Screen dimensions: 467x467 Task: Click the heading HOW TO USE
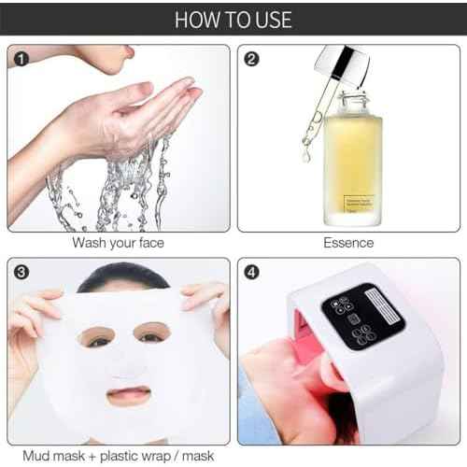233,19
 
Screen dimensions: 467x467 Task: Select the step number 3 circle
19,274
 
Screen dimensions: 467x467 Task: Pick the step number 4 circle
250,274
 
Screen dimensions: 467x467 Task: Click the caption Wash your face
119,244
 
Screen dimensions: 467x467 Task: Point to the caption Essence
348,244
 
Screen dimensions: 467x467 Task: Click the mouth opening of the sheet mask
128,395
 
